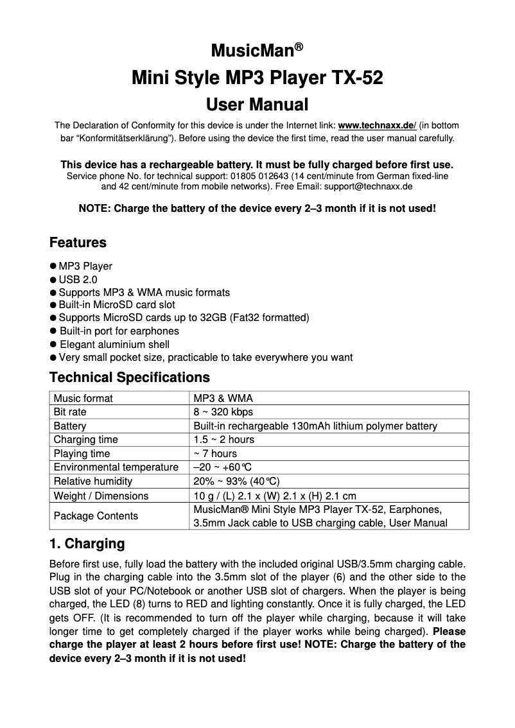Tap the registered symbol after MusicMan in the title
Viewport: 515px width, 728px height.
(x=299, y=48)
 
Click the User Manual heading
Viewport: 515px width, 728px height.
(x=257, y=104)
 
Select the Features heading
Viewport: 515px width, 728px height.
(x=78, y=243)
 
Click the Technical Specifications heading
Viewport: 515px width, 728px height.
(x=129, y=377)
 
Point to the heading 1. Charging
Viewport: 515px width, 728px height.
(x=87, y=544)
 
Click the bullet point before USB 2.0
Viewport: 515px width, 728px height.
(x=53, y=279)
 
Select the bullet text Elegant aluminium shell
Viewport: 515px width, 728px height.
(x=114, y=344)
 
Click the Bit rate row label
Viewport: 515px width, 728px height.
(x=70, y=412)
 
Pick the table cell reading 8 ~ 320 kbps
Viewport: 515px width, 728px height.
(x=223, y=412)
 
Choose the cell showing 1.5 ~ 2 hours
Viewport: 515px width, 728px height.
(x=223, y=440)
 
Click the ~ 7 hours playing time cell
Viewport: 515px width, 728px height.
(x=215, y=454)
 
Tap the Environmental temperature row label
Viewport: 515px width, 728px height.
(x=116, y=467)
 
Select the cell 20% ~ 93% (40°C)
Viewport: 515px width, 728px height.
(x=236, y=481)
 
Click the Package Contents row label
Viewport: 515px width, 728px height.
(x=96, y=516)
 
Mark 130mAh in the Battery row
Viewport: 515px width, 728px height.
(x=310, y=426)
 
